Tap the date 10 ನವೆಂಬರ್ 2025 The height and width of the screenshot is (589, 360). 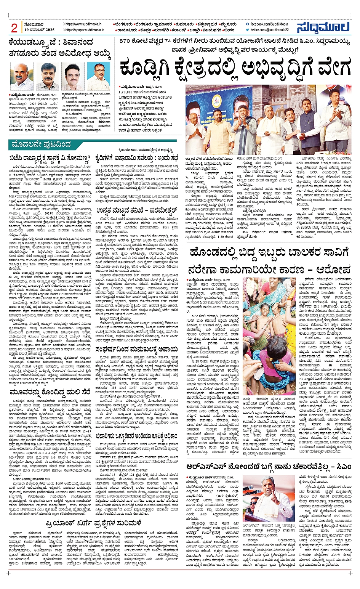point(39,30)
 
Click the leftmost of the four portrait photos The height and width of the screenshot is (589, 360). point(21,77)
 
